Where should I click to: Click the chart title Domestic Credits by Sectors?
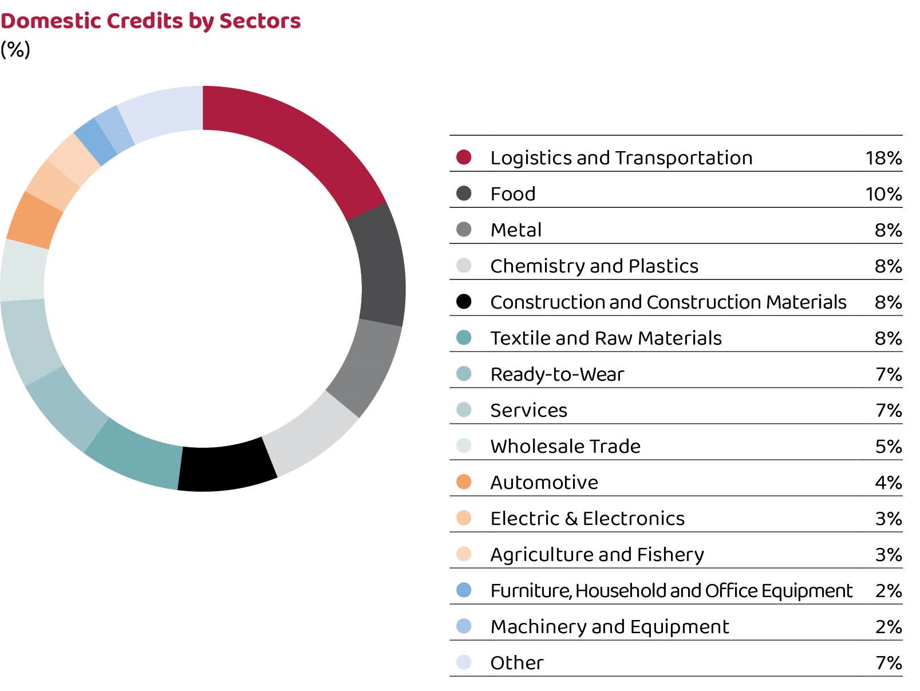pos(150,21)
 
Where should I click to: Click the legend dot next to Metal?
pos(464,230)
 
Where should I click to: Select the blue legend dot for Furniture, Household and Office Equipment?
pos(464,590)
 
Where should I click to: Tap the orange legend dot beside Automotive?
pos(464,482)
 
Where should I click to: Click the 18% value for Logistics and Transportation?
pos(883,158)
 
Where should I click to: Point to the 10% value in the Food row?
pos(883,194)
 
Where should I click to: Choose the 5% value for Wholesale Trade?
pos(888,447)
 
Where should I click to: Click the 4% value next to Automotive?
pos(888,483)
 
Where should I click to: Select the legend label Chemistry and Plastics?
pos(594,266)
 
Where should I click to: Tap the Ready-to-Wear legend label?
pos(557,374)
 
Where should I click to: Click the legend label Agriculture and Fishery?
pos(597,555)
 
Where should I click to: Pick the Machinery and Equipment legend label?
pos(610,627)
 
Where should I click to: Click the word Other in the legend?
pos(516,663)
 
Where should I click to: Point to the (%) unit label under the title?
pos(15,49)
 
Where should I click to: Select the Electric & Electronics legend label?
pos(587,519)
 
